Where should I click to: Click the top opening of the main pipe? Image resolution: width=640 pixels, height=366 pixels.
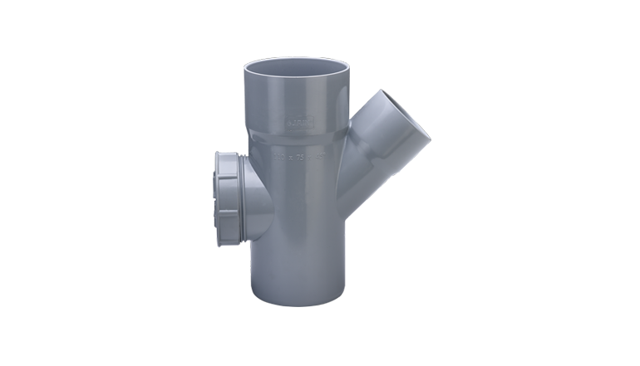[x=297, y=68]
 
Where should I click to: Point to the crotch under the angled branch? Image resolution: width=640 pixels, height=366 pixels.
[x=347, y=222]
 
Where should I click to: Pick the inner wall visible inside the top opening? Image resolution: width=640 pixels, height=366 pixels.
[x=298, y=65]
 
